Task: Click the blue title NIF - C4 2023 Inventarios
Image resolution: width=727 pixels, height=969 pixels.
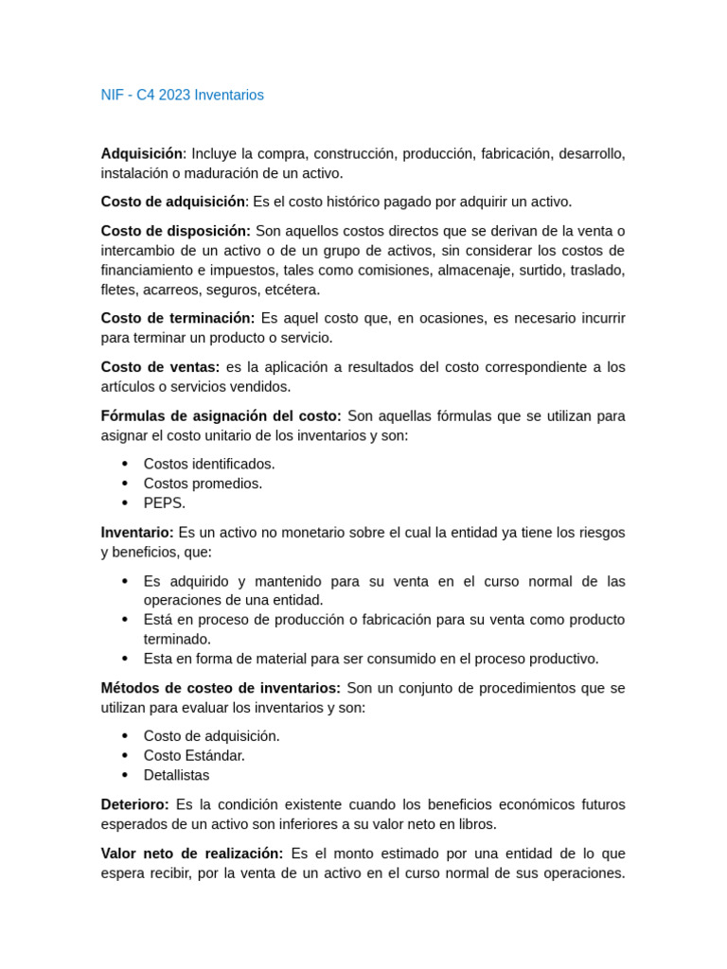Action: point(182,95)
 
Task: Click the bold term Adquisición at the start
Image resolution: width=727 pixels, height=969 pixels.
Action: point(141,153)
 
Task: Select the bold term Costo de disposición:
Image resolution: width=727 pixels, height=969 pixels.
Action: point(175,231)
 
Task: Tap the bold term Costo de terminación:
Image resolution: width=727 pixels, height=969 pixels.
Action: point(177,318)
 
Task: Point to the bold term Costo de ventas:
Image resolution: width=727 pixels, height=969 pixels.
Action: point(160,366)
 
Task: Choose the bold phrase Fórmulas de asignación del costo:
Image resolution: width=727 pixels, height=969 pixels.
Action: point(221,415)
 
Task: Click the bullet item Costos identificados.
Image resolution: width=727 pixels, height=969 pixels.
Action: point(209,464)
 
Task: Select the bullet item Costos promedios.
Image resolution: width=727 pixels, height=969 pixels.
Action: point(203,484)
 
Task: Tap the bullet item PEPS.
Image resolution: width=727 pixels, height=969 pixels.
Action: point(165,503)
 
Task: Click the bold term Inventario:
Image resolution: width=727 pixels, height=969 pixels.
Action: point(137,532)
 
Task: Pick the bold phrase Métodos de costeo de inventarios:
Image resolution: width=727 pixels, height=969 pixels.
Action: point(221,688)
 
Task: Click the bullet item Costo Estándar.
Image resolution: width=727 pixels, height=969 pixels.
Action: point(194,755)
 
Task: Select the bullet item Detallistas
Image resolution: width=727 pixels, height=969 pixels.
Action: point(176,775)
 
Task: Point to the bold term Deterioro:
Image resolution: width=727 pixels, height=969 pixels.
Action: point(134,804)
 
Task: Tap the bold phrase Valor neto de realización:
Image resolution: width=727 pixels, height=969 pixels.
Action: point(191,853)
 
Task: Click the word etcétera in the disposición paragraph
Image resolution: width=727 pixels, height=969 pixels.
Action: point(292,290)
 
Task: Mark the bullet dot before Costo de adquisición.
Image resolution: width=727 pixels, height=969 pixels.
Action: point(125,736)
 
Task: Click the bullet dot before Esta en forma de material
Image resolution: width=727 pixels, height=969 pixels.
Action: point(125,659)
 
